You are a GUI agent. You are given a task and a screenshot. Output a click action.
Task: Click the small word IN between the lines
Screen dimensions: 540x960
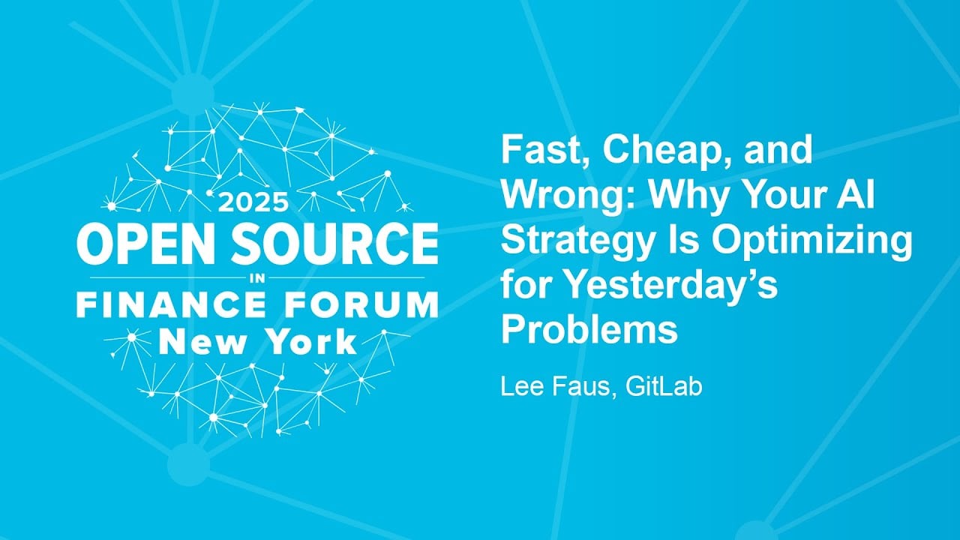pos(257,277)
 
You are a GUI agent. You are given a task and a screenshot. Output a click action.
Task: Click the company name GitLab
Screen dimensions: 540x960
pos(666,388)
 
